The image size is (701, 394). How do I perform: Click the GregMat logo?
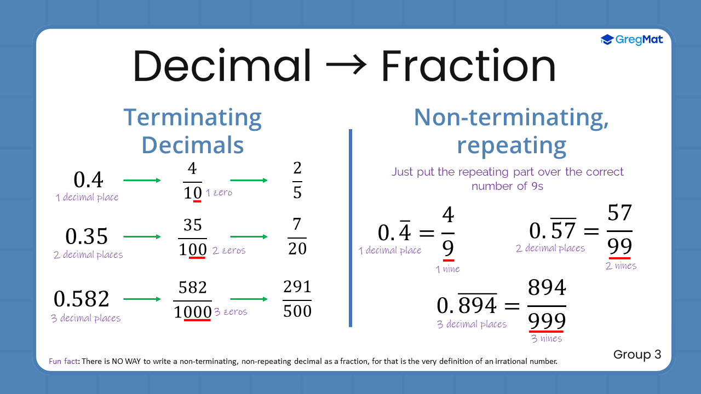pyautogui.click(x=631, y=39)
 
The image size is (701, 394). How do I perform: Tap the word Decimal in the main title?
pyautogui.click(x=221, y=66)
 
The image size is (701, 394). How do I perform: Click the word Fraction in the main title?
pyautogui.click(x=468, y=66)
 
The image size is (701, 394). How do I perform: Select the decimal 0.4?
pyautogui.click(x=88, y=180)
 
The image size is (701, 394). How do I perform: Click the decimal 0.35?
pyautogui.click(x=87, y=236)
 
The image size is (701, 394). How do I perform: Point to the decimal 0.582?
pyautogui.click(x=82, y=299)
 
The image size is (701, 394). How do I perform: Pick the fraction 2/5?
pyautogui.click(x=297, y=181)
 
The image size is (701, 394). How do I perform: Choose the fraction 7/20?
pyautogui.click(x=297, y=237)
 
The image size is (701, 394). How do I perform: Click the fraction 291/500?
pyautogui.click(x=297, y=299)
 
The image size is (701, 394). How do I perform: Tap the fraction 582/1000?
pyautogui.click(x=192, y=300)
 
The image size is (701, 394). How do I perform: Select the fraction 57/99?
pyautogui.click(x=619, y=231)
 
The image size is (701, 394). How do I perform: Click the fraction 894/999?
pyautogui.click(x=547, y=305)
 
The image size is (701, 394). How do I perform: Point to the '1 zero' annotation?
pyautogui.click(x=219, y=193)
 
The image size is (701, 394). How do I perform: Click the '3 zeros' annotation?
pyautogui.click(x=231, y=312)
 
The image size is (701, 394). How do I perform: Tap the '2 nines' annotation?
pyautogui.click(x=621, y=266)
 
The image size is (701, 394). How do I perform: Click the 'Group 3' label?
pyautogui.click(x=637, y=355)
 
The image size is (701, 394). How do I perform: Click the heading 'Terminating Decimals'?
pyautogui.click(x=192, y=131)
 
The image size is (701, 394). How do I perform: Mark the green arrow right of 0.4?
pyautogui.click(x=142, y=181)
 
